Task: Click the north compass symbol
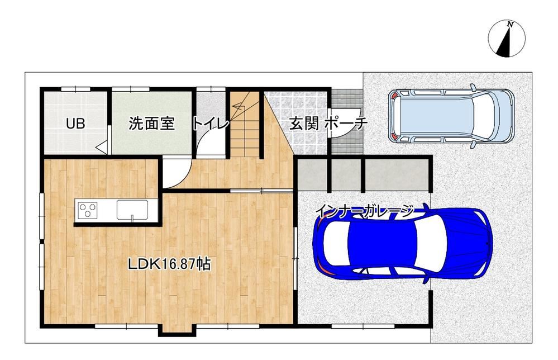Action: click(x=507, y=39)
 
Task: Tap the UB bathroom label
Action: click(x=75, y=124)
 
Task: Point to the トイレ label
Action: click(x=211, y=124)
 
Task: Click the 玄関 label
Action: click(x=304, y=124)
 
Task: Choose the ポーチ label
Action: click(x=346, y=124)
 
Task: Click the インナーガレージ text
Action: click(x=365, y=211)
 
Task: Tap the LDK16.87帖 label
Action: click(x=169, y=264)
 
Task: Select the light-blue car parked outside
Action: click(x=451, y=116)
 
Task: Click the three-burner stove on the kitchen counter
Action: click(x=88, y=210)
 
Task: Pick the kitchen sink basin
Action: click(x=132, y=210)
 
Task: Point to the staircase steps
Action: click(x=244, y=125)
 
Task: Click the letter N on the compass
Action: click(x=511, y=25)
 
